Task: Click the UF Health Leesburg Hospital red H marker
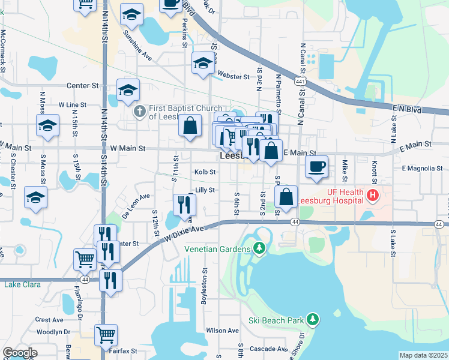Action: click(x=373, y=194)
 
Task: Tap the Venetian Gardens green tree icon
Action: click(x=259, y=248)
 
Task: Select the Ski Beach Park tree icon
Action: click(x=312, y=319)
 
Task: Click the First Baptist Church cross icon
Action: click(x=139, y=111)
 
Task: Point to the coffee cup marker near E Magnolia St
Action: click(x=316, y=167)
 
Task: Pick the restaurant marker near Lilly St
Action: click(x=184, y=205)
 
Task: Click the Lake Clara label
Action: click(x=21, y=284)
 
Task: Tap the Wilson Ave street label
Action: click(x=223, y=330)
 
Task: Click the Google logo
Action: click(x=20, y=353)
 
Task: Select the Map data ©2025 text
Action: click(x=423, y=355)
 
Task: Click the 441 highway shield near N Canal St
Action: click(x=298, y=80)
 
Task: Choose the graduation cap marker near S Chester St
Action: click(x=35, y=197)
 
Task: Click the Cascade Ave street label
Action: click(x=270, y=349)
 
